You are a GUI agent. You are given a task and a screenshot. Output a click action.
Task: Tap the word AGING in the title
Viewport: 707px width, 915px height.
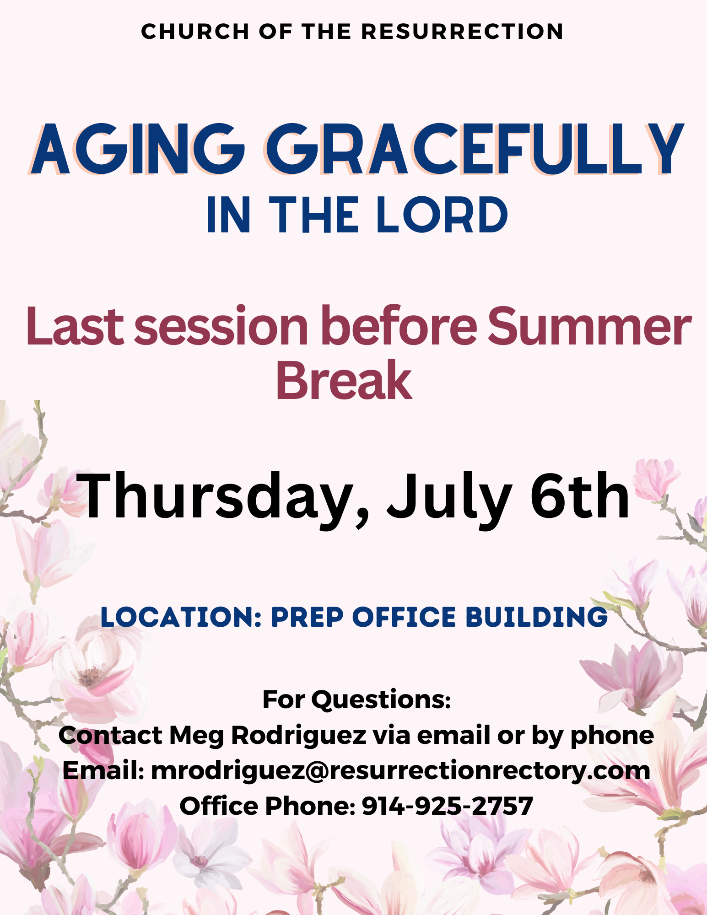coord(137,149)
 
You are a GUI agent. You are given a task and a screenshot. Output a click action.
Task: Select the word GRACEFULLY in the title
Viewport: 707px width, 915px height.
coord(475,149)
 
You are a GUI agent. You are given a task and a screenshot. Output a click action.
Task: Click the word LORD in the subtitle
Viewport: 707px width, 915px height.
coord(442,215)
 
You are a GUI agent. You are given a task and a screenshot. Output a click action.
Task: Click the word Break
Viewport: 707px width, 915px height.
coord(344,380)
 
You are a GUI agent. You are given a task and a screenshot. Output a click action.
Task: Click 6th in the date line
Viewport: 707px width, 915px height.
coord(579,496)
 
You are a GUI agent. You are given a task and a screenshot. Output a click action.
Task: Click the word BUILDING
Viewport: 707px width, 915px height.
coord(537,617)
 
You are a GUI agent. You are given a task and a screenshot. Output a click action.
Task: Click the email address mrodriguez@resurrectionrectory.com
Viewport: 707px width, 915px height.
coord(401,771)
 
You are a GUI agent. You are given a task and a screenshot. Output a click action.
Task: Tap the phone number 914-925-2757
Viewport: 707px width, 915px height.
coord(448,806)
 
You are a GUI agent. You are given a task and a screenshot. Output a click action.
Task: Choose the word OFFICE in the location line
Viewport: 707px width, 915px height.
coord(404,617)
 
